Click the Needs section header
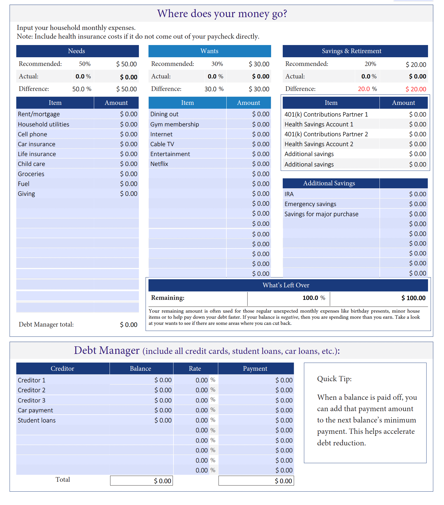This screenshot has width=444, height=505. pyautogui.click(x=77, y=51)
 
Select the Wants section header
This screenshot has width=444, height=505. pyautogui.click(x=209, y=51)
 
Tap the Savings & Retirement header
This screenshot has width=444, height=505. pyautogui.click(x=352, y=51)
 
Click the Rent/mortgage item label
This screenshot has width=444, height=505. pyautogui.click(x=39, y=114)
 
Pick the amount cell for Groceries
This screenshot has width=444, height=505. pyautogui.click(x=129, y=174)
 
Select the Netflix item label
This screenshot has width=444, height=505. pyautogui.click(x=159, y=164)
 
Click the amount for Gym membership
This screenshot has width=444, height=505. pyautogui.click(x=261, y=124)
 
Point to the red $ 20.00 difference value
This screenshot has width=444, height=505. pyautogui.click(x=416, y=89)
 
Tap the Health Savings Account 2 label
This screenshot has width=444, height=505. pyautogui.click(x=319, y=144)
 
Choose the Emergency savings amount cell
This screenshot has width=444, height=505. pyautogui.click(x=418, y=204)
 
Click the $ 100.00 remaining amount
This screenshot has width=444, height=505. pyautogui.click(x=413, y=298)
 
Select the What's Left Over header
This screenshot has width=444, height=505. pyautogui.click(x=286, y=285)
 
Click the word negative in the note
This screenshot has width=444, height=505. pyautogui.click(x=289, y=317)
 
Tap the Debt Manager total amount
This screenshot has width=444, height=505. pyautogui.click(x=128, y=325)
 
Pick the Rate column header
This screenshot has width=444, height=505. pyautogui.click(x=195, y=369)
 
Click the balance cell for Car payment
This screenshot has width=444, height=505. pyautogui.click(x=163, y=410)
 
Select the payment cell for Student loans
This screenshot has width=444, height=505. pyautogui.click(x=284, y=420)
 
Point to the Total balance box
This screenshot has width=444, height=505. pyautogui.click(x=142, y=481)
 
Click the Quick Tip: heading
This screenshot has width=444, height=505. pyautogui.click(x=334, y=379)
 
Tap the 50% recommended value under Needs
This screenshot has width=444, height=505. pyautogui.click(x=85, y=64)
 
